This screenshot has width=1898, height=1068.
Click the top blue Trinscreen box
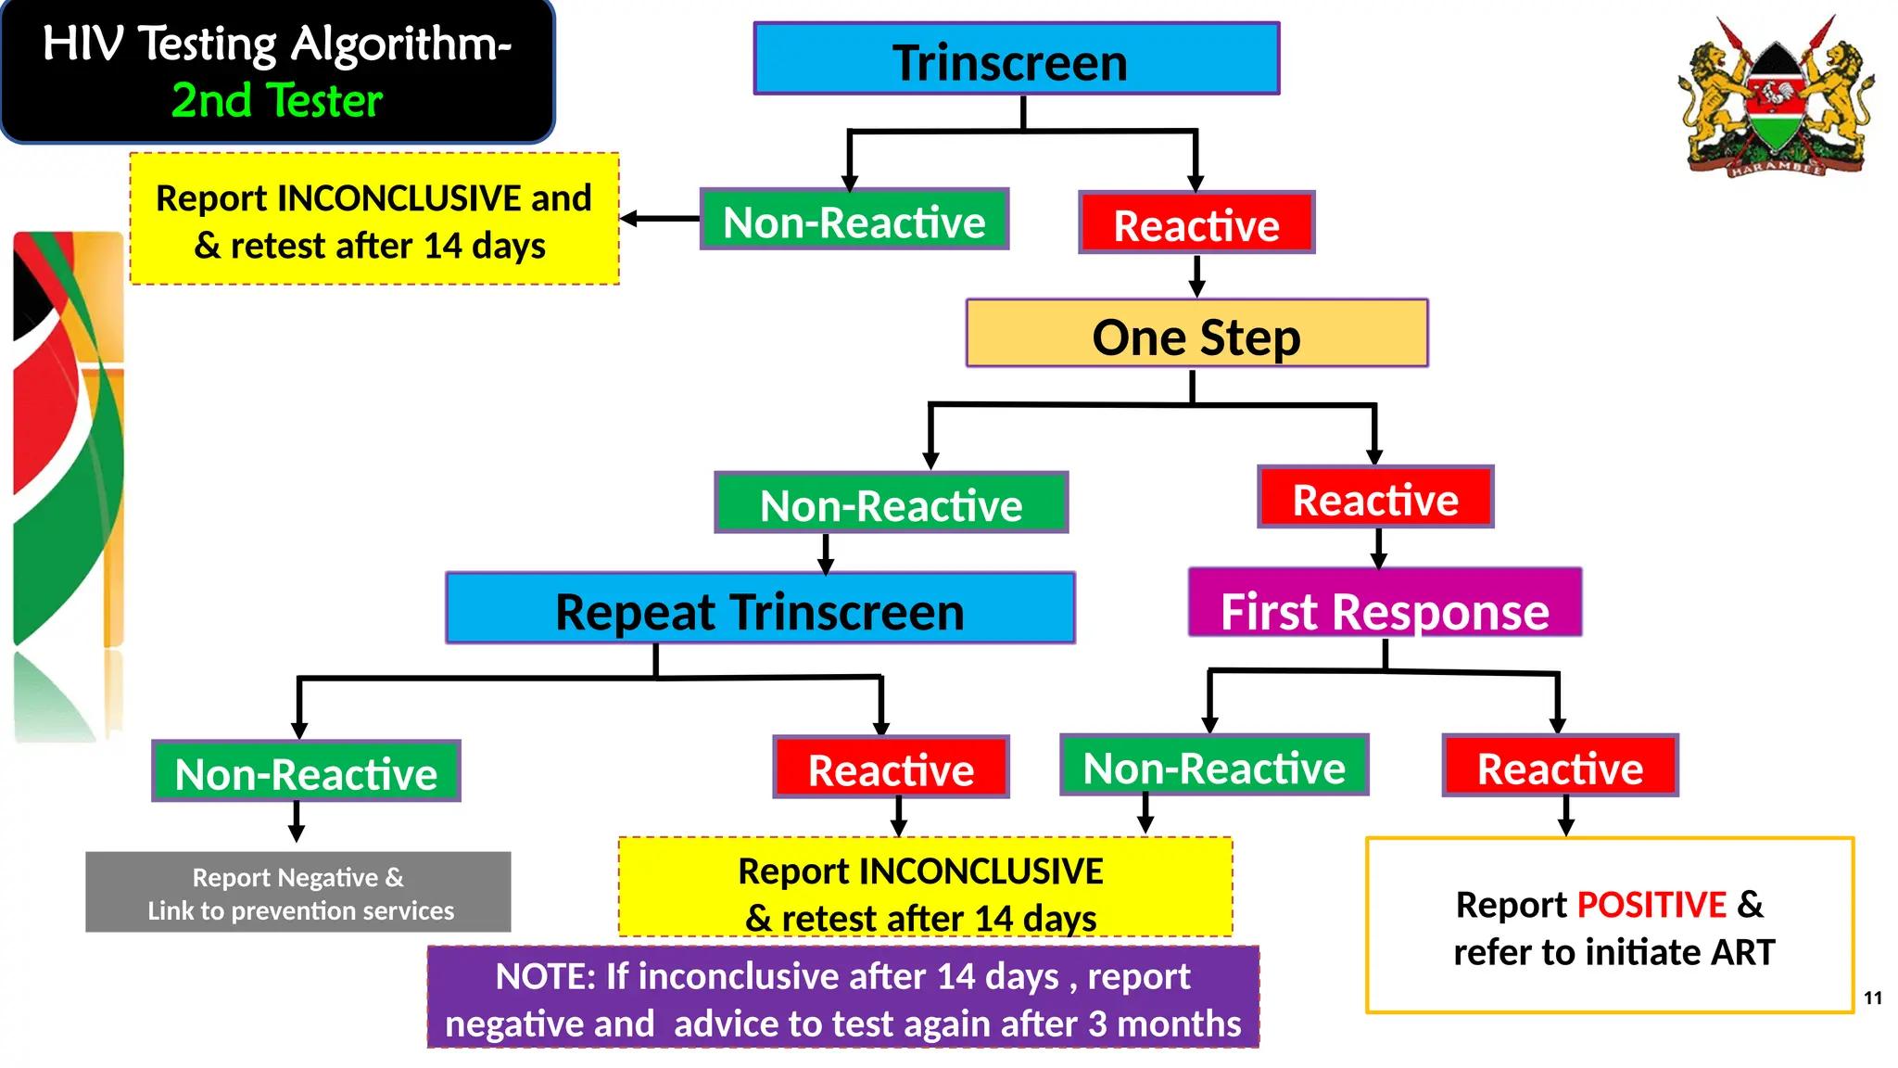pos(1016,59)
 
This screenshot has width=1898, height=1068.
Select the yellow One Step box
pos(1196,334)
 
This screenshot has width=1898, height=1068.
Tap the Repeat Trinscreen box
pos(760,609)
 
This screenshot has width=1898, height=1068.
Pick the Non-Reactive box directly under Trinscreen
pos(854,221)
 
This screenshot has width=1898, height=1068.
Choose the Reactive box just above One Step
pos(1196,223)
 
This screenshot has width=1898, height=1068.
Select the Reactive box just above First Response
pos(1375,498)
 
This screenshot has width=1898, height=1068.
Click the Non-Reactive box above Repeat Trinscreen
pos(891,503)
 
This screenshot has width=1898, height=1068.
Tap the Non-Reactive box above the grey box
pos(306,771)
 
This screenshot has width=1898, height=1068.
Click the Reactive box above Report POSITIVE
pos(1560,767)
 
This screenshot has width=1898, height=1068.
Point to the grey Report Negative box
pos(297,893)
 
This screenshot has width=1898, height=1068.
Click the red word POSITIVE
pos(1651,905)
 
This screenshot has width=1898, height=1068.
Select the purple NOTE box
pos(842,998)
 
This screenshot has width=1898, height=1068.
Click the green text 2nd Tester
pos(276,100)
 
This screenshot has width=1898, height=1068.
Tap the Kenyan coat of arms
pos(1775,97)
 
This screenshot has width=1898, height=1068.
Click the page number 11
pos(1873,998)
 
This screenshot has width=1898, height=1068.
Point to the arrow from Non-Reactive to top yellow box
pos(659,220)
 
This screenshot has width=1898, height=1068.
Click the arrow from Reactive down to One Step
pos(1196,275)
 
